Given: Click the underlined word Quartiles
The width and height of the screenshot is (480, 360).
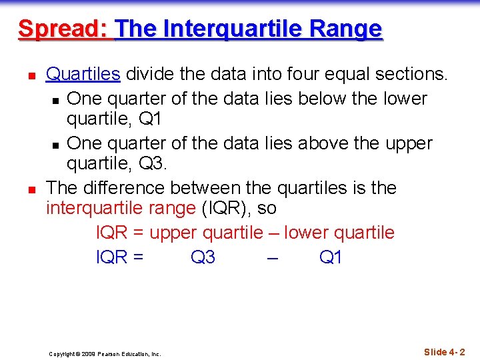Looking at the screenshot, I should point(83,75).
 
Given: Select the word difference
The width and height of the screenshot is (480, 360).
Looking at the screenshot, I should point(126,188).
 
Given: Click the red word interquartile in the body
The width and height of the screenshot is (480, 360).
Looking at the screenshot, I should point(94,208).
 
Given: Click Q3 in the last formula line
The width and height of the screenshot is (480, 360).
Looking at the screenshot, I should point(203,257).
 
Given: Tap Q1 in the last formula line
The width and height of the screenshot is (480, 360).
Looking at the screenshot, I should point(331,257).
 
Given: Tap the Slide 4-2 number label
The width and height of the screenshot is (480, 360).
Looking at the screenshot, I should point(444,352).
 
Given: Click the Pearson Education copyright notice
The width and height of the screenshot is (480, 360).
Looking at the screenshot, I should point(105,354).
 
